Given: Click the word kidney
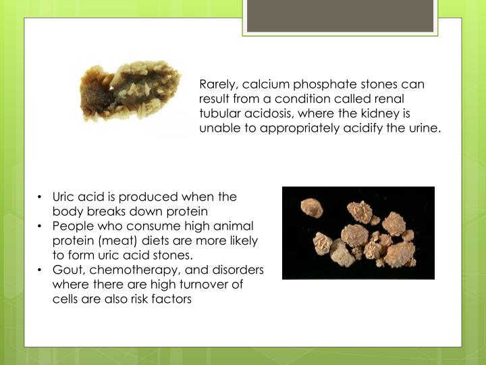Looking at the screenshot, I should [384, 114].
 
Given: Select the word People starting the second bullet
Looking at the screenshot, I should [72, 226].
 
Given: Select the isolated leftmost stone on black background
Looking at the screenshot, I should [311, 208].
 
